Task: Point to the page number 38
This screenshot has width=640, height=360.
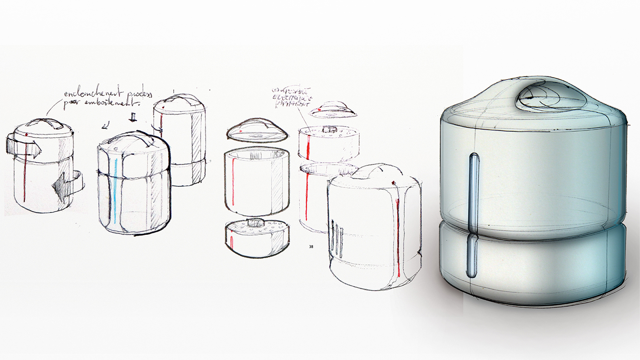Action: pyautogui.click(x=311, y=247)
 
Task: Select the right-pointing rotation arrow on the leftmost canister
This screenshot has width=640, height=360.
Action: pyautogui.click(x=24, y=146)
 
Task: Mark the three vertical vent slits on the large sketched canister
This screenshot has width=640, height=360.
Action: pyautogui.click(x=337, y=238)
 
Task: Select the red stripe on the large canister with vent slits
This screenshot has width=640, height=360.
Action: pyautogui.click(x=398, y=238)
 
